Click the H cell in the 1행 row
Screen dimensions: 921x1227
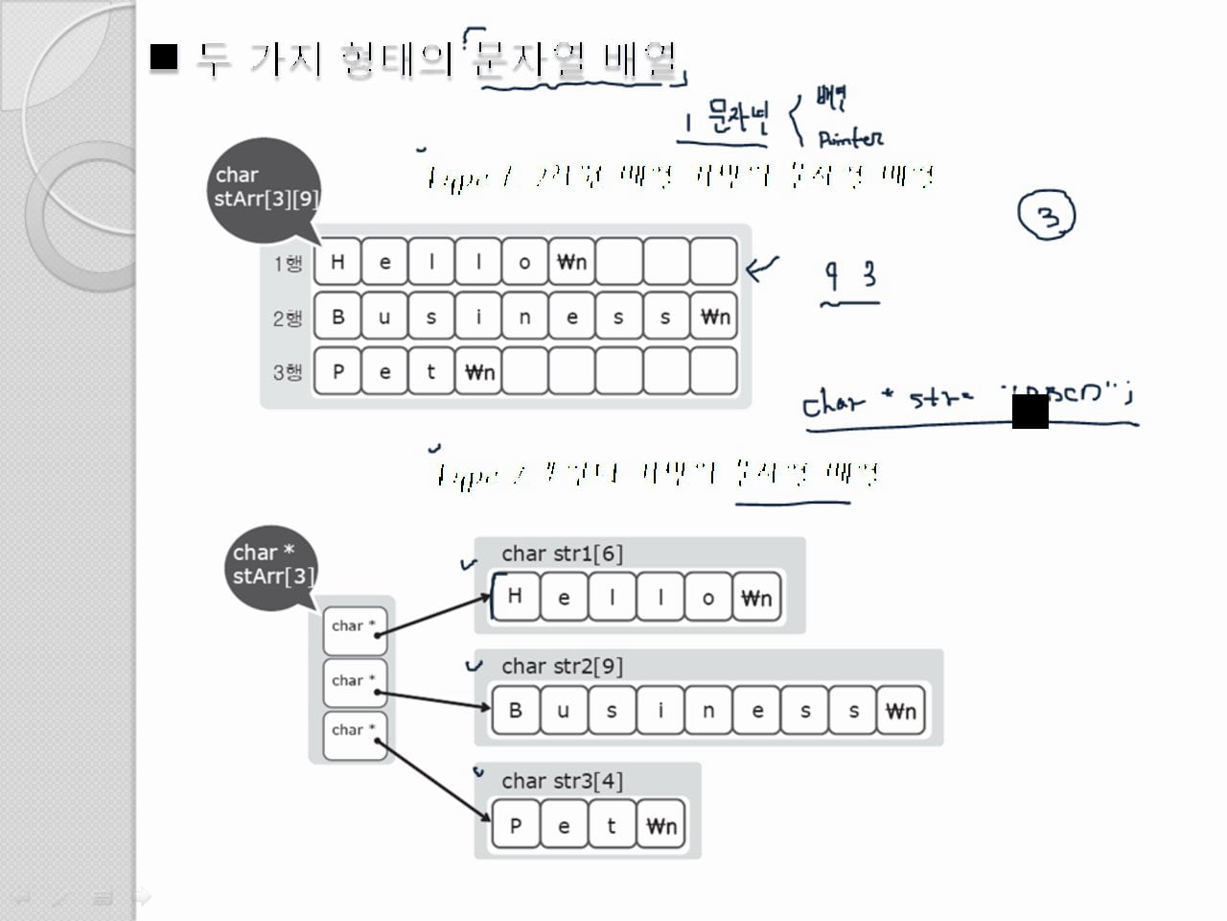(337, 262)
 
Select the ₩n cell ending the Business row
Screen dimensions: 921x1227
(714, 317)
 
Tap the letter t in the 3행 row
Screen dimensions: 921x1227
(431, 371)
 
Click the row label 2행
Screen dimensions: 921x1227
(288, 319)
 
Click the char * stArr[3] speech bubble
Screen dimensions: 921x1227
(272, 566)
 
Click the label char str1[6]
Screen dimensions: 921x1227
(562, 554)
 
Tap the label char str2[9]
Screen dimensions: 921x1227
(562, 666)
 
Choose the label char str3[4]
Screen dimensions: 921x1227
(562, 781)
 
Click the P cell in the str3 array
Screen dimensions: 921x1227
(516, 825)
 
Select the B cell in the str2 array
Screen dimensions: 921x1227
(516, 711)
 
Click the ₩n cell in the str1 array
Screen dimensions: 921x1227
(756, 599)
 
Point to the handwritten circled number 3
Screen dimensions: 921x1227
(1048, 217)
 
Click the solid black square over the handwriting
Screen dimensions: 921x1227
(1030, 411)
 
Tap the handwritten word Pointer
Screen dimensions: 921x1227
(850, 139)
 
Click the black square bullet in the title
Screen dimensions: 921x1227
(165, 58)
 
